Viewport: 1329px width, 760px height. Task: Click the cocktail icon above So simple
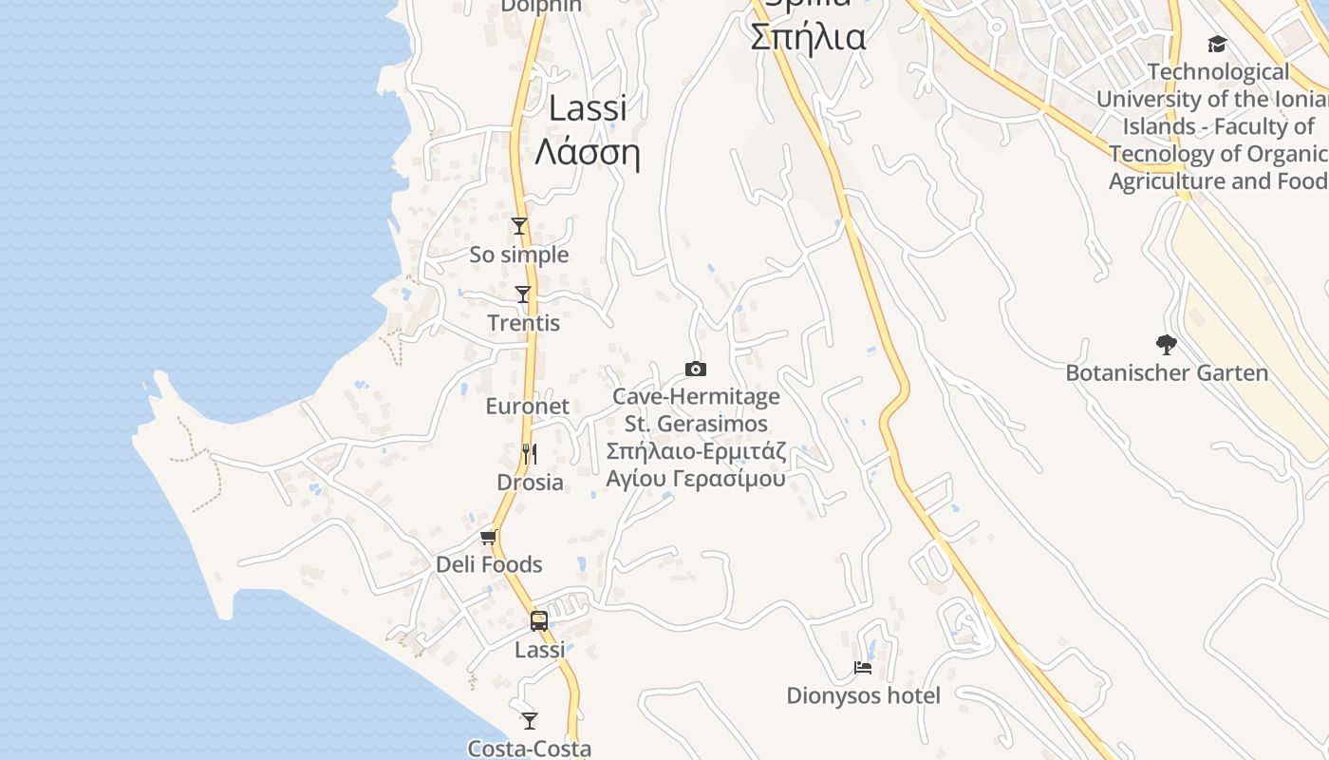(x=519, y=226)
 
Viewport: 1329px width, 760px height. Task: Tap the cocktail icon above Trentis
(x=523, y=294)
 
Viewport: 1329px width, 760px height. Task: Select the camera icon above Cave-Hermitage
(x=696, y=369)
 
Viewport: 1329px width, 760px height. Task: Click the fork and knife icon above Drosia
(x=530, y=454)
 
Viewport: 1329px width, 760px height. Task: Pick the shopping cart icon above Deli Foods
(x=489, y=538)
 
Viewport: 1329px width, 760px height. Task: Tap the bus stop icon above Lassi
(x=539, y=621)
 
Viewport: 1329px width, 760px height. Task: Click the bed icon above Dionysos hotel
(x=863, y=668)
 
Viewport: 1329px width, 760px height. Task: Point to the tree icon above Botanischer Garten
(x=1167, y=345)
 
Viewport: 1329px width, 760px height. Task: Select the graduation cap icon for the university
(x=1217, y=45)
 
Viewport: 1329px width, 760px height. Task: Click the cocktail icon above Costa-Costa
(x=530, y=721)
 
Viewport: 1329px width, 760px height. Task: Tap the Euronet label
(x=528, y=407)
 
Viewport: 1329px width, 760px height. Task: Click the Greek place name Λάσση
(x=588, y=152)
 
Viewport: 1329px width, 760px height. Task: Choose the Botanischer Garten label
(x=1167, y=373)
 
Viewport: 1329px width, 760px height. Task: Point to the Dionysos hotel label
(x=864, y=696)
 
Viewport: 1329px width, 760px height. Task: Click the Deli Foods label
(x=489, y=565)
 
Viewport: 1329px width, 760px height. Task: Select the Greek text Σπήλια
(x=808, y=38)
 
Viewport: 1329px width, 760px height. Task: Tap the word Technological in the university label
(x=1219, y=72)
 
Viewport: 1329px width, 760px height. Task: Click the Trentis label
(x=524, y=323)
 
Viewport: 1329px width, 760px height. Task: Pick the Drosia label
(x=531, y=483)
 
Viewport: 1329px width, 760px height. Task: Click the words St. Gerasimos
(x=697, y=424)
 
